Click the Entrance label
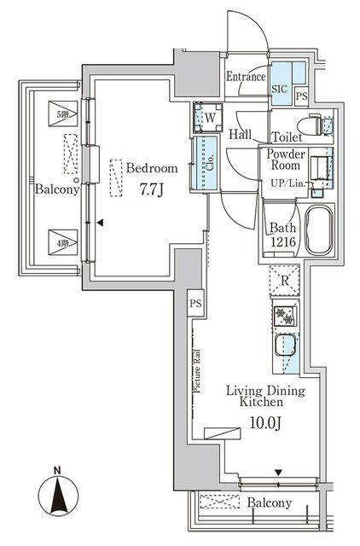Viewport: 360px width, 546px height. pyautogui.click(x=247, y=78)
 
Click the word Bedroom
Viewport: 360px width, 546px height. pyautogui.click(x=152, y=168)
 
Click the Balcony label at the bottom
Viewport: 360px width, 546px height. pyautogui.click(x=270, y=503)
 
